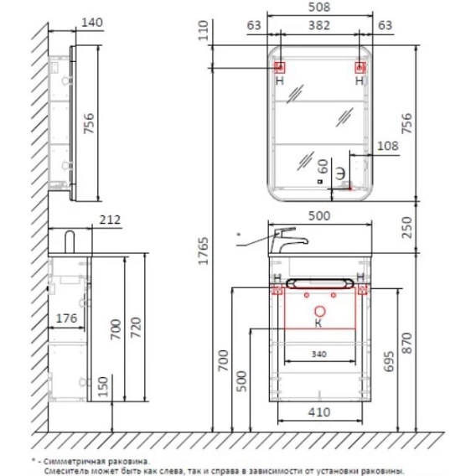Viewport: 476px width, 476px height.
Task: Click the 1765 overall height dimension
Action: [x=204, y=251]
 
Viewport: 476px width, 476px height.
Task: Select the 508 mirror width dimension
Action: [x=319, y=7]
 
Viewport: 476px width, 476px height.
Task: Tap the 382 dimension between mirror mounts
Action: [x=319, y=25]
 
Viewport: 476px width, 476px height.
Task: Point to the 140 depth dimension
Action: [x=92, y=23]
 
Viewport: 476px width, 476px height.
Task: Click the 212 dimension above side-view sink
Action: [x=110, y=220]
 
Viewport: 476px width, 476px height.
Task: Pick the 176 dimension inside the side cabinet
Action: [x=66, y=318]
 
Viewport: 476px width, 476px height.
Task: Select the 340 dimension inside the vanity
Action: [x=319, y=354]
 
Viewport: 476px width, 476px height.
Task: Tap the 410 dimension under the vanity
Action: [x=319, y=412]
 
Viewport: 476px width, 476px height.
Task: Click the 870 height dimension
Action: [x=406, y=343]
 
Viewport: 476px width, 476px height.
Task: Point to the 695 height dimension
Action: [x=389, y=361]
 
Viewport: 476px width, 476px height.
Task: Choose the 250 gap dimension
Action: [x=406, y=228]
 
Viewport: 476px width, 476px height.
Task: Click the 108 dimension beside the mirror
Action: [x=388, y=146]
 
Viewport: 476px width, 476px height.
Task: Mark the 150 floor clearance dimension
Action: [x=103, y=386]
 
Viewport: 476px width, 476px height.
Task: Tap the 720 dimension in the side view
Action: [x=136, y=328]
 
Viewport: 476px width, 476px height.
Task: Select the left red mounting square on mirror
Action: [x=280, y=67]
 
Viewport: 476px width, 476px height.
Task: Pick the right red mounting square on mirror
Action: [x=360, y=67]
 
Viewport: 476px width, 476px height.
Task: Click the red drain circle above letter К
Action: [x=319, y=312]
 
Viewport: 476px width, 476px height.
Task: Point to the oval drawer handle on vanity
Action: [x=319, y=283]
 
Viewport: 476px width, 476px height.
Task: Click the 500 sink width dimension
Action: [x=319, y=216]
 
